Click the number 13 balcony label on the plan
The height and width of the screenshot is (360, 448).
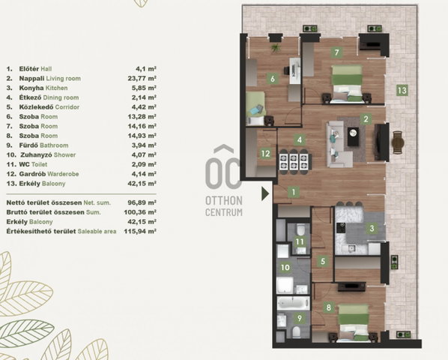402,90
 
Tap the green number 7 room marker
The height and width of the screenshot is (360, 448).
336,52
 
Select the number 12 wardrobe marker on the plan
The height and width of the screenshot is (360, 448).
265,154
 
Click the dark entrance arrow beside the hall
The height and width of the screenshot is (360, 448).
265,193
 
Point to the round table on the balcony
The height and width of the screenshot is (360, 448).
399,142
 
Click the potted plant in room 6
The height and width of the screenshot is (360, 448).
276,48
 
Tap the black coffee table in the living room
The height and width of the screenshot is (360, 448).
354,136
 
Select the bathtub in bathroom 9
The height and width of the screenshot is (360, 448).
294,304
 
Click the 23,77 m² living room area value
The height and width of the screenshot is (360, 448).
142,78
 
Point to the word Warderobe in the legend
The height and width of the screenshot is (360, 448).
63,174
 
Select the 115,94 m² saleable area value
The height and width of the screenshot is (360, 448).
140,231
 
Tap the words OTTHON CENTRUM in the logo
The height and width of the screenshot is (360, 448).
224,206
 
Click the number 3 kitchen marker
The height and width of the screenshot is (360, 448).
372,228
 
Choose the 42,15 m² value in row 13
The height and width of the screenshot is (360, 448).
142,184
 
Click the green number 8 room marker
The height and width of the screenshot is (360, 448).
329,307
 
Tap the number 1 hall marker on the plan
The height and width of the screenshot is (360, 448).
294,192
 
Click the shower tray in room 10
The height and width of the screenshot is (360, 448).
285,284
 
